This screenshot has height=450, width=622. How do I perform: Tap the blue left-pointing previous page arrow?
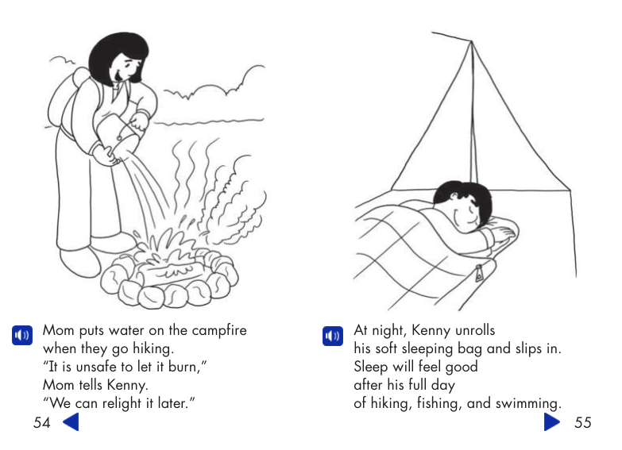[x=71, y=422]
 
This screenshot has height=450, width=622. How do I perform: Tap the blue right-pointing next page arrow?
[x=552, y=422]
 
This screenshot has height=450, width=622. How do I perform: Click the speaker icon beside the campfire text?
[x=21, y=335]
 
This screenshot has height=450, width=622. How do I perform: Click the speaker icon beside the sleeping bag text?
[x=332, y=335]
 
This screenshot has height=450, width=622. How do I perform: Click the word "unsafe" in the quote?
[x=106, y=367]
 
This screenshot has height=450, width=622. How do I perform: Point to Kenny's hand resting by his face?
[x=500, y=231]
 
